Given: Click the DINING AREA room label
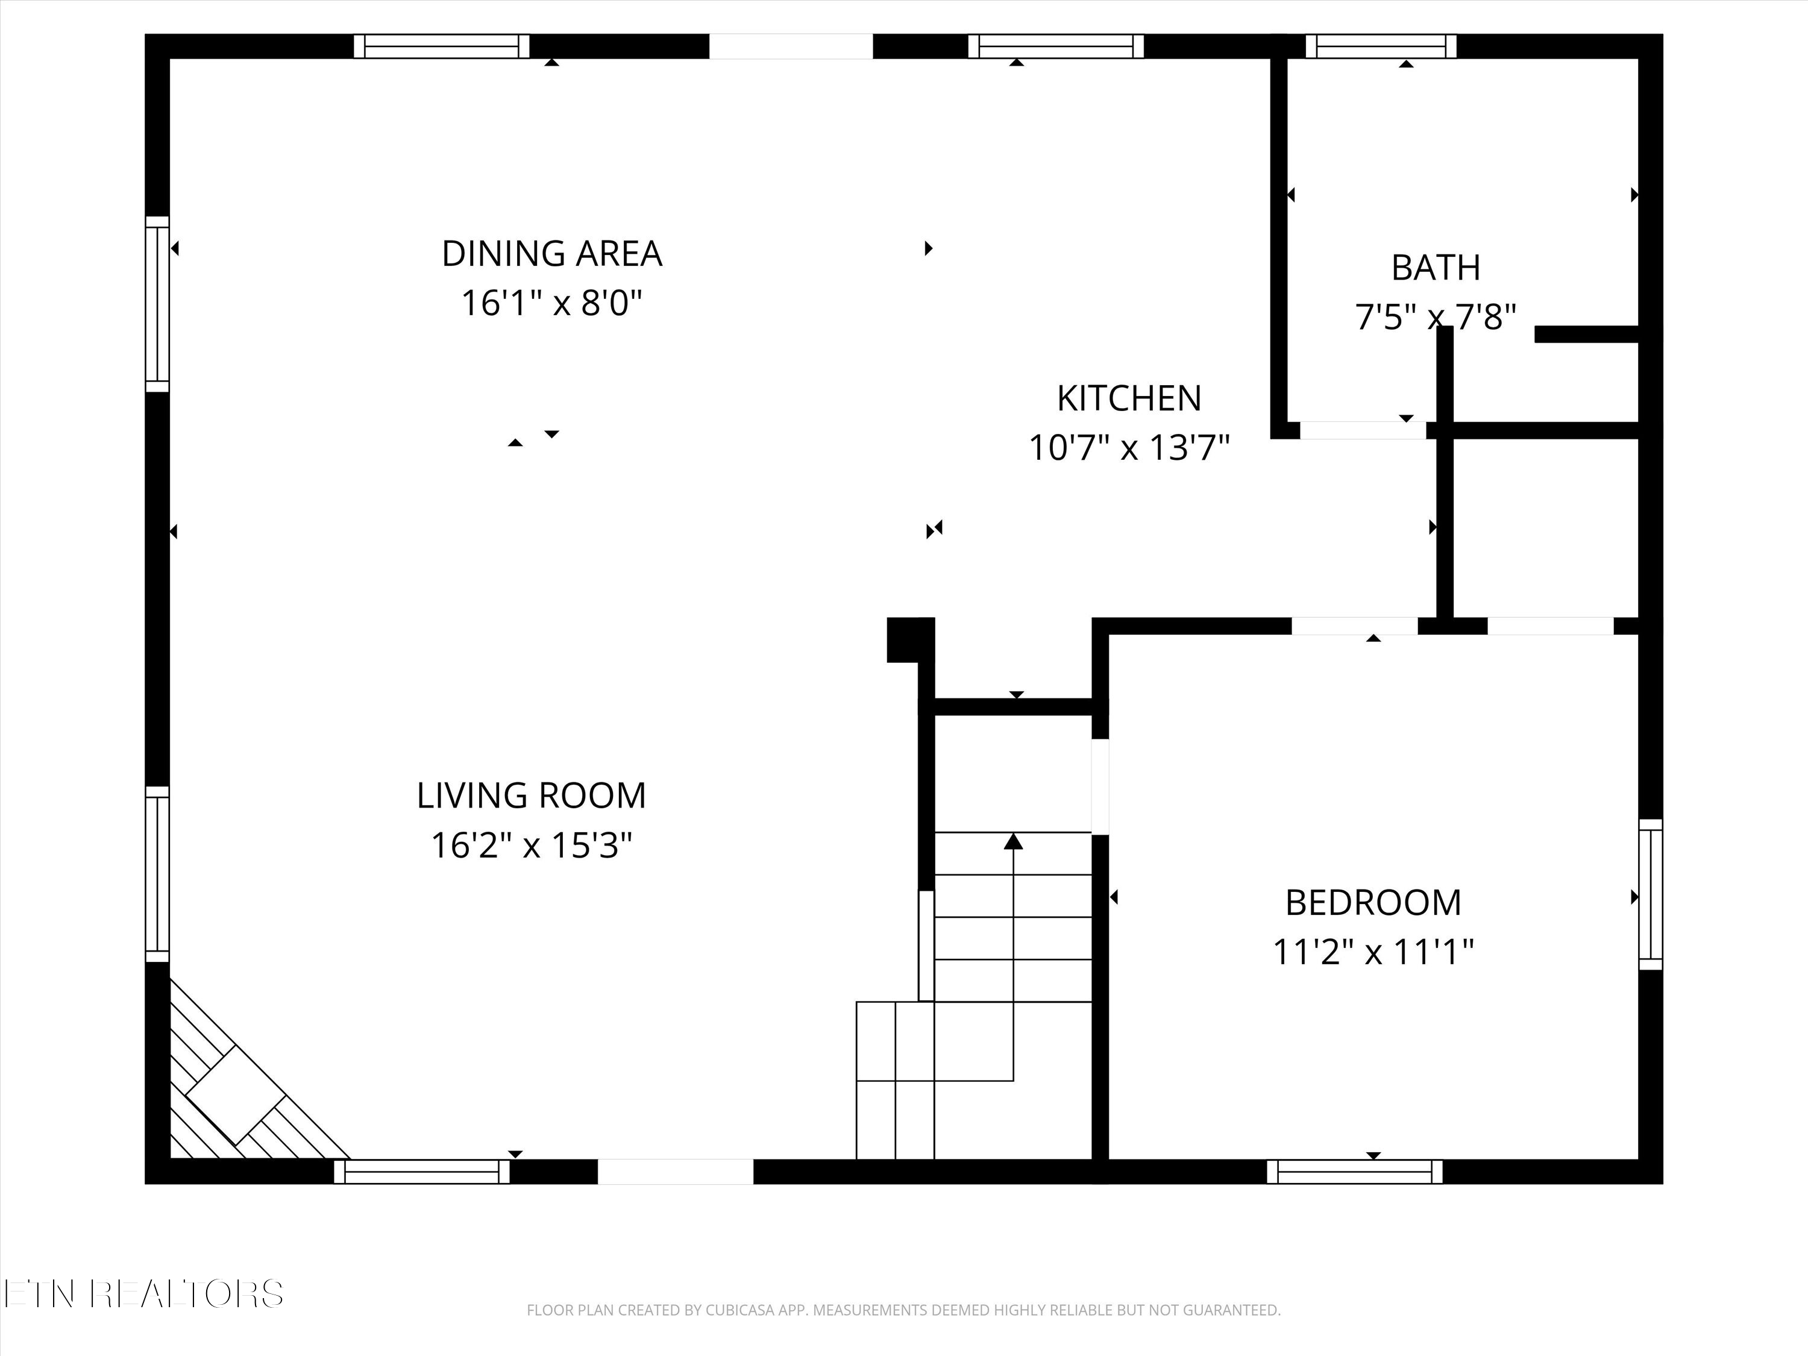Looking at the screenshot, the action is pyautogui.click(x=551, y=253).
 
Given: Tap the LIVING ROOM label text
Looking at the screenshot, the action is pyautogui.click(x=532, y=796).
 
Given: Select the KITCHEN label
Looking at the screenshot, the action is pyautogui.click(x=1129, y=398).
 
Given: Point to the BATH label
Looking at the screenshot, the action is pyautogui.click(x=1436, y=267).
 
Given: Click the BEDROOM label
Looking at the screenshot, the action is pyautogui.click(x=1373, y=902).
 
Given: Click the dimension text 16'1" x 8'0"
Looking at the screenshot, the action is pyautogui.click(x=551, y=303).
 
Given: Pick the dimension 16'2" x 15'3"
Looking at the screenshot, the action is pyautogui.click(x=532, y=845).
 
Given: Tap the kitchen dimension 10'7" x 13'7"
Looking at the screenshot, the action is pyautogui.click(x=1129, y=448).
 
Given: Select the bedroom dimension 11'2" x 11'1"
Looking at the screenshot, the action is pyautogui.click(x=1373, y=952).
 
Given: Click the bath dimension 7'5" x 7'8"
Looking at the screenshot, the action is pyautogui.click(x=1436, y=316).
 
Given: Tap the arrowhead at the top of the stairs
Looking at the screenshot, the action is pyautogui.click(x=1014, y=840).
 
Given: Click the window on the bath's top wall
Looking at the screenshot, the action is pyautogui.click(x=1381, y=46).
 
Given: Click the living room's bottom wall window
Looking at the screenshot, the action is pyautogui.click(x=422, y=1171).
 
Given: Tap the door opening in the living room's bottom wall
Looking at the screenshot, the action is pyautogui.click(x=675, y=1171).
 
